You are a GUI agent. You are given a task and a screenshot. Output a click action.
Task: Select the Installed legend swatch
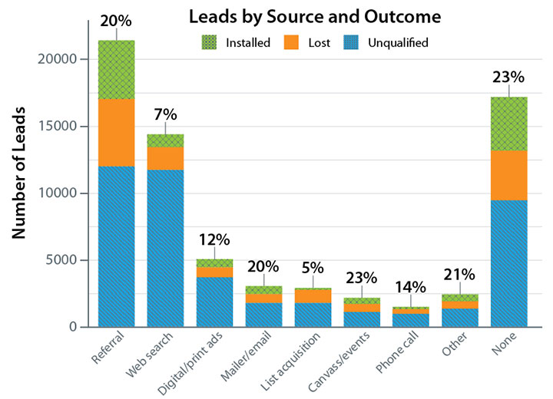click(x=210, y=43)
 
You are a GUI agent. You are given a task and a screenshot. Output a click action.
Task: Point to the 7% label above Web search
click(x=166, y=115)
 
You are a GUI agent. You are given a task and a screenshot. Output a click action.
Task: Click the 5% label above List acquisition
click(x=313, y=269)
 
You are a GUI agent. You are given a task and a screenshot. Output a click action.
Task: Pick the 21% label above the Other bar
click(x=459, y=275)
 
